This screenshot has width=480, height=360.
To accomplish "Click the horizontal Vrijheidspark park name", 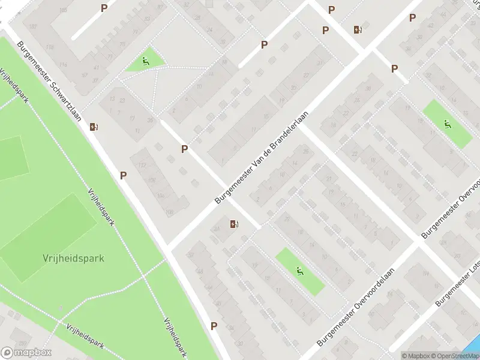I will [x=73, y=259].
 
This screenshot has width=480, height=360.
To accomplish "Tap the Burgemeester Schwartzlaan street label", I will [x=50, y=81].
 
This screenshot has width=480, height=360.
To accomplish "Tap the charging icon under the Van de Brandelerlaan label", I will [x=234, y=224].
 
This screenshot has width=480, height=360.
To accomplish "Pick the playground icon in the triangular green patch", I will [x=146, y=61].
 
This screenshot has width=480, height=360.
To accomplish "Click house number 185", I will [x=64, y=10].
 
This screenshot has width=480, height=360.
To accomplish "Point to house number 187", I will [x=32, y=26].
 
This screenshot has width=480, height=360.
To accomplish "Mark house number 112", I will [x=142, y=166].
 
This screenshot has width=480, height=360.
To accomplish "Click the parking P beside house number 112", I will [x=124, y=175].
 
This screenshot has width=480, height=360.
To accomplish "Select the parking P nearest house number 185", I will [x=104, y=8].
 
